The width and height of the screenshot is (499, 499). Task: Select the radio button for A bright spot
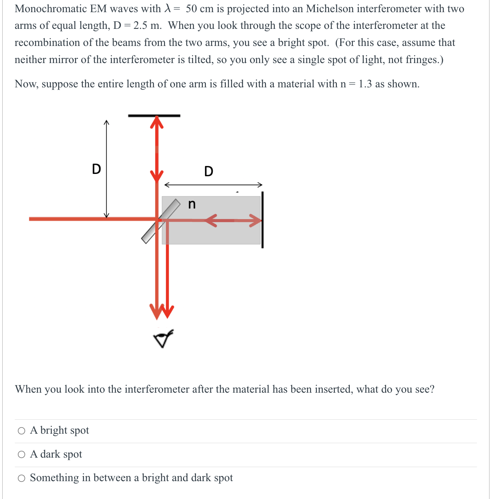(x=22, y=431)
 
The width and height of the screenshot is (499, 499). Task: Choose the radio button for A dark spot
(x=22, y=455)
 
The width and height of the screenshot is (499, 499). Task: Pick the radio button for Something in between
(x=22, y=478)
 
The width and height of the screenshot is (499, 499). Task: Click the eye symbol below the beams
(x=163, y=338)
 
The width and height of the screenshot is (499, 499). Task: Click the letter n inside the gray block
(x=192, y=205)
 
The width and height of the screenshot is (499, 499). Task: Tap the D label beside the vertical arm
(x=96, y=169)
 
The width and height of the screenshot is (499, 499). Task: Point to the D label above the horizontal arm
(x=208, y=171)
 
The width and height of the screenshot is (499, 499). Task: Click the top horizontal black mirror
(x=154, y=115)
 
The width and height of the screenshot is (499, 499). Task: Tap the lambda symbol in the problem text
(x=167, y=8)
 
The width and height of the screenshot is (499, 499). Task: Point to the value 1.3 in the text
(x=365, y=84)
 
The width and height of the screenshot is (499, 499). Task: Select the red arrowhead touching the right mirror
(x=256, y=220)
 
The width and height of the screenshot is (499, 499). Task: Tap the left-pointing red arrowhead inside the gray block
(x=210, y=220)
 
